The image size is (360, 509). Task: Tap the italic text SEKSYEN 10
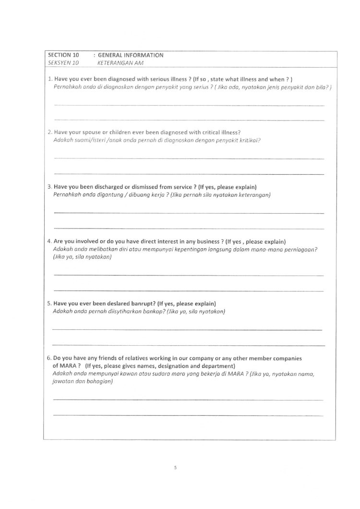click(63, 63)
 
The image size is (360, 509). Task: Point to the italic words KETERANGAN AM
click(117, 63)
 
